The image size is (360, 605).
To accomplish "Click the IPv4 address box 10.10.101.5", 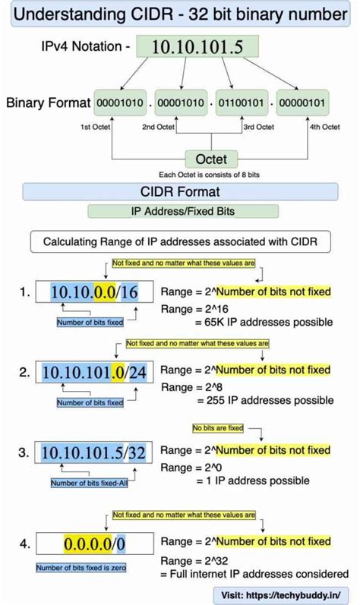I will [x=197, y=47].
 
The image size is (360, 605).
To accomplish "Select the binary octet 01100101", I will [x=242, y=102].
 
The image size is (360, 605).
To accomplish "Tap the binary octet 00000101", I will [x=303, y=102].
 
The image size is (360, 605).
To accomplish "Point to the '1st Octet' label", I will [x=97, y=127].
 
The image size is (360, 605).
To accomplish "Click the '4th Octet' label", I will [x=324, y=127].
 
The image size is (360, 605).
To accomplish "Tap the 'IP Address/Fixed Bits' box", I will [x=180, y=213].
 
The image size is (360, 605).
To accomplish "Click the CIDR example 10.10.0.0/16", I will [x=95, y=292].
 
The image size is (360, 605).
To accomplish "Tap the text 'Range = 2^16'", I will [x=188, y=308].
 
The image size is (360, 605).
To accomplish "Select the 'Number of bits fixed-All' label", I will [x=87, y=482].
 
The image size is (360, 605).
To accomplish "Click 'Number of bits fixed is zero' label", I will [x=81, y=568].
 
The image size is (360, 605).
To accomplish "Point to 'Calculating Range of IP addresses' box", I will [x=180, y=242].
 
